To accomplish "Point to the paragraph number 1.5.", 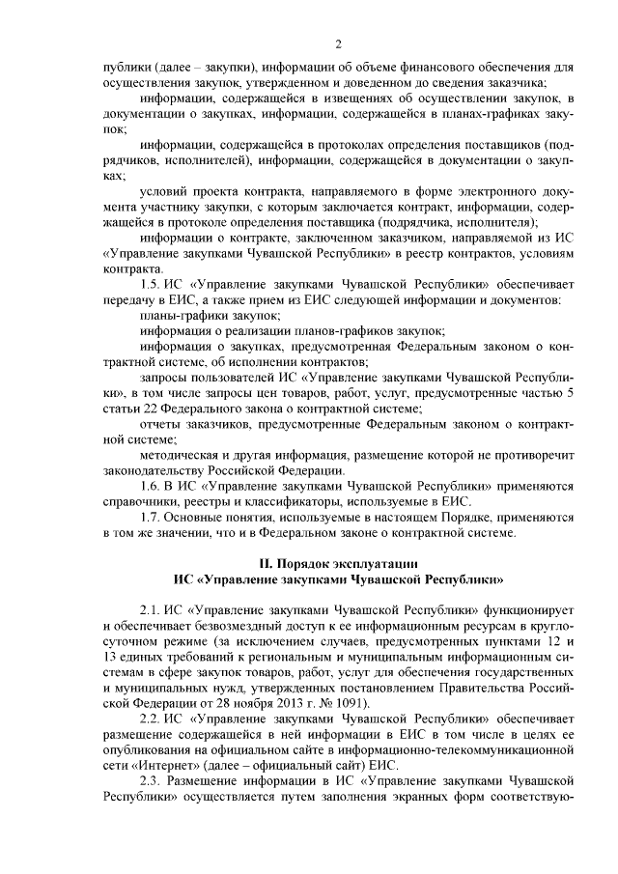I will pyautogui.click(x=152, y=285).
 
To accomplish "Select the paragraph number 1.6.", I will pyautogui.click(x=152, y=485).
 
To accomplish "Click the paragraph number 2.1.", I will pyautogui.click(x=152, y=612).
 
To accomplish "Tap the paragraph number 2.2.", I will pyautogui.click(x=152, y=721).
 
